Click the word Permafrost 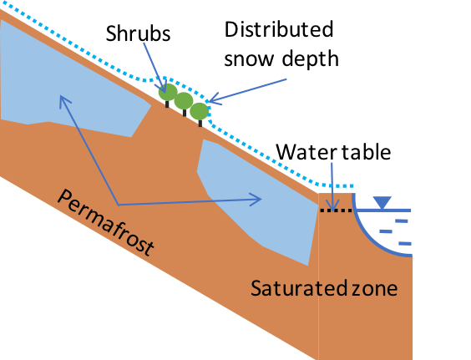[x=105, y=222]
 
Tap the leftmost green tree [x=168, y=92]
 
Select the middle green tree [x=184, y=102]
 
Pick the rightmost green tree [x=199, y=111]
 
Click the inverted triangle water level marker [x=382, y=202]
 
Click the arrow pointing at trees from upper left [x=154, y=64]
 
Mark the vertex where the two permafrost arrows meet [x=118, y=204]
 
